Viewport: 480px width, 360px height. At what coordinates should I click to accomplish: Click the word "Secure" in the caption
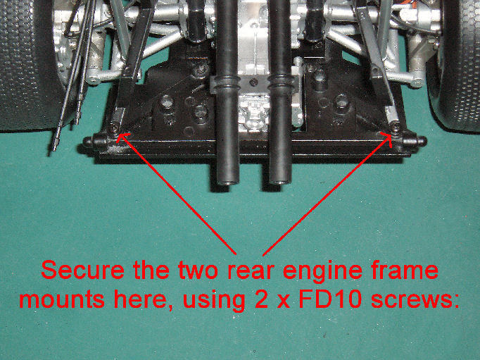pyautogui.click(x=82, y=270)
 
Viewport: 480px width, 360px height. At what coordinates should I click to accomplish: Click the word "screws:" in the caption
pyautogui.click(x=415, y=299)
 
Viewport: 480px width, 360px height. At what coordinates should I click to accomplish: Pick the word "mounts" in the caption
pyautogui.click(x=63, y=299)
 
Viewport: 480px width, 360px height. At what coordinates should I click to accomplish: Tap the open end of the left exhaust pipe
pyautogui.click(x=228, y=183)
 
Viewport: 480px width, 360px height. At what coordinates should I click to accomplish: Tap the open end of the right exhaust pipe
pyautogui.click(x=280, y=182)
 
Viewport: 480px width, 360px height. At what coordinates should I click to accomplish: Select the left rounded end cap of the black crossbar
pyautogui.click(x=88, y=142)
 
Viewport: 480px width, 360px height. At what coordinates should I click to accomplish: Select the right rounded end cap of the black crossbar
pyautogui.click(x=421, y=141)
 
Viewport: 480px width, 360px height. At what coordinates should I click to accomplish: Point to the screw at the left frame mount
pyautogui.click(x=114, y=128)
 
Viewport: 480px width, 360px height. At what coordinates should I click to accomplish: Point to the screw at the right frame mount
pyautogui.click(x=396, y=127)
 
